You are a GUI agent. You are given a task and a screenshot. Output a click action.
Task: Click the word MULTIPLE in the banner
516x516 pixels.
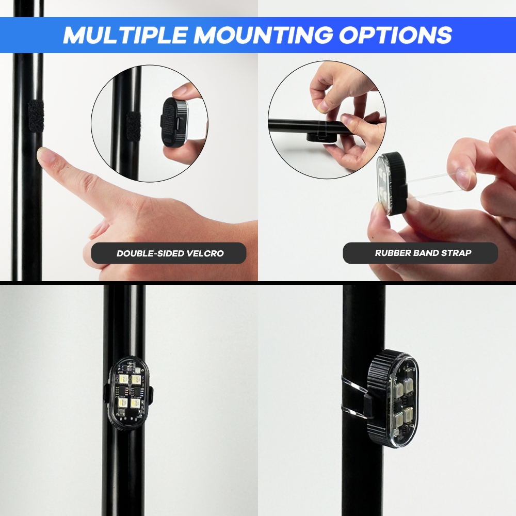(x=125, y=35)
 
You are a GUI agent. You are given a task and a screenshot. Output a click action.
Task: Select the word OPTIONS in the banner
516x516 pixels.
(x=395, y=35)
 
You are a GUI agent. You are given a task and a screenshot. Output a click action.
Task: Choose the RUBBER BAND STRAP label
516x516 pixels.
(x=423, y=253)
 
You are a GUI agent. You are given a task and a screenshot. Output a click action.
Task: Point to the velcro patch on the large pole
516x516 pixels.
(x=36, y=115)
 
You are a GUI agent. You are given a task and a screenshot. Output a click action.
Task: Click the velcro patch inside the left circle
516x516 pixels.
(x=133, y=126)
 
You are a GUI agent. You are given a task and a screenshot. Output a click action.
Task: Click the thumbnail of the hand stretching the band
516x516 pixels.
(x=465, y=178)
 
